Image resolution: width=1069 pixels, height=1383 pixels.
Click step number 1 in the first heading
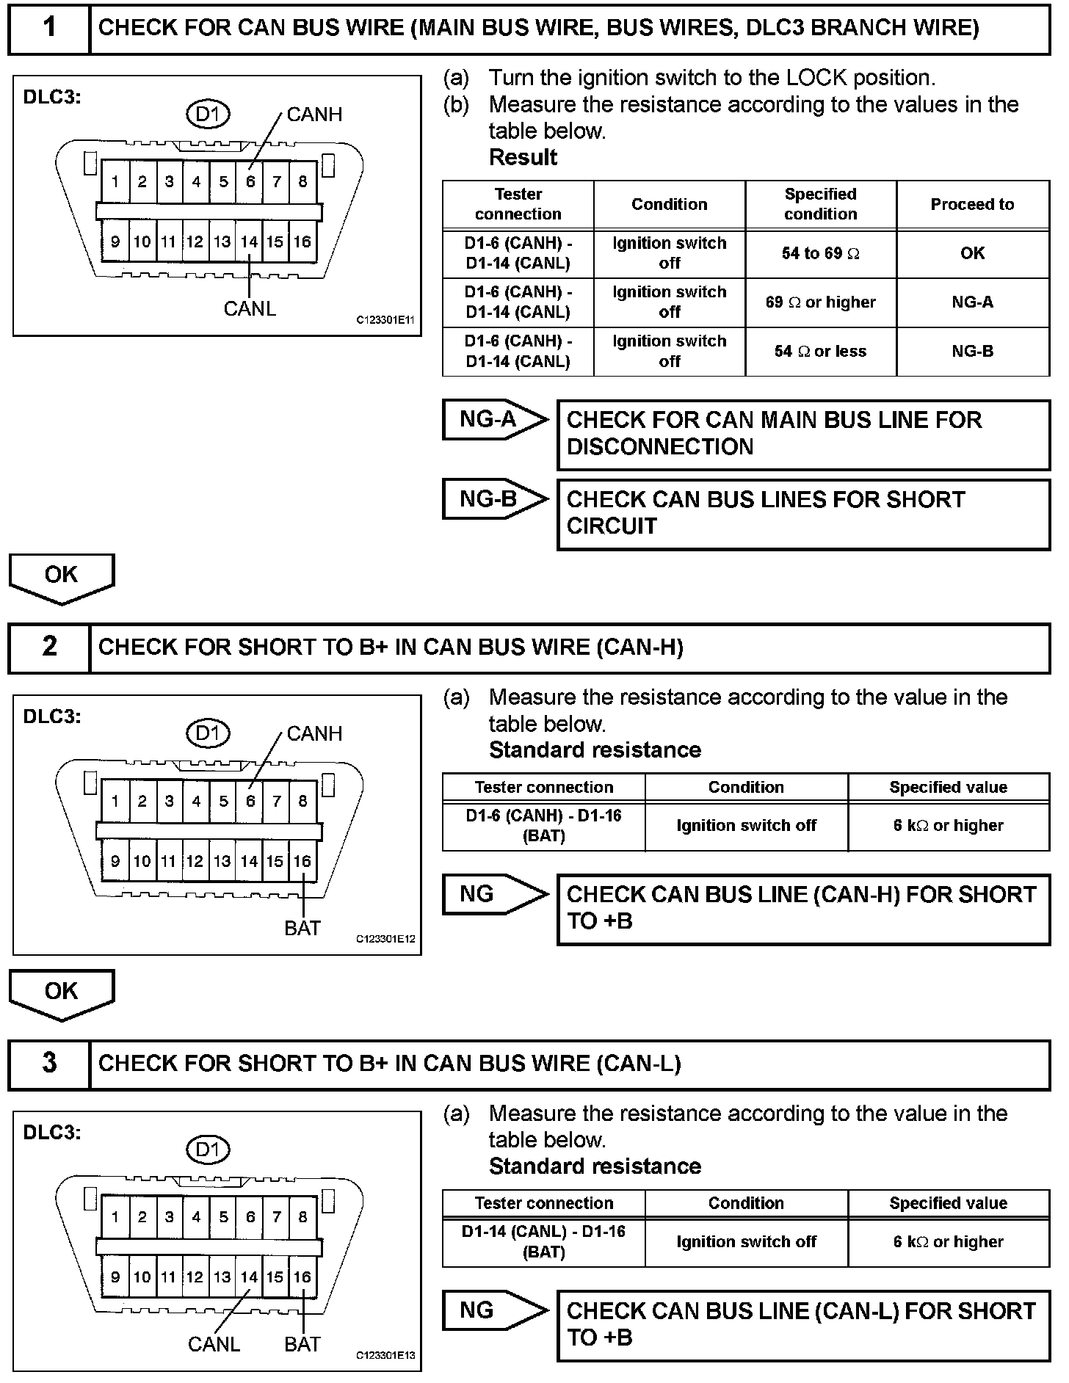49,28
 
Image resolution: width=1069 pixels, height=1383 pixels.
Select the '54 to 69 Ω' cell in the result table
820,253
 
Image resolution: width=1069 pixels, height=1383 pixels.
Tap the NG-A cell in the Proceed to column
972,302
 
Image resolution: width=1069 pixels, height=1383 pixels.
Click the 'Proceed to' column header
972,205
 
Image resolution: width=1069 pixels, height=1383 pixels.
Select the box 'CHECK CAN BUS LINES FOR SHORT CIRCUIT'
803,513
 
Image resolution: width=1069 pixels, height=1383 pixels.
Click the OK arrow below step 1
61,576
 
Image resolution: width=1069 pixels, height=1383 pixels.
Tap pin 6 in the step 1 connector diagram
250,182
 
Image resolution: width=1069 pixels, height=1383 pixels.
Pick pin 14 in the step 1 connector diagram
250,242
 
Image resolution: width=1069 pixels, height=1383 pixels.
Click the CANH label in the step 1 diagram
314,115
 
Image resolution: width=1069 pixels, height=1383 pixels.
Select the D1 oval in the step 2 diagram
208,733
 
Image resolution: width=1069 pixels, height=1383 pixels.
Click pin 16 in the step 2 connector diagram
302,861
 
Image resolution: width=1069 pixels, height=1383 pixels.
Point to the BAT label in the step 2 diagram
302,928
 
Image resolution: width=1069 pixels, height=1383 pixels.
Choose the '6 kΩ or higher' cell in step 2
948,826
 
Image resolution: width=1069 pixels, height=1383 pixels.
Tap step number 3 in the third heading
49,1063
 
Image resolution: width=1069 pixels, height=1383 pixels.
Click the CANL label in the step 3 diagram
214,1344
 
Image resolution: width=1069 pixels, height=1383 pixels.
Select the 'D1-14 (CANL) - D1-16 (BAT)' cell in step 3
543,1241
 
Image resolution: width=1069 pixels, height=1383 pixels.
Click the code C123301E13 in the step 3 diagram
385,1355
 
